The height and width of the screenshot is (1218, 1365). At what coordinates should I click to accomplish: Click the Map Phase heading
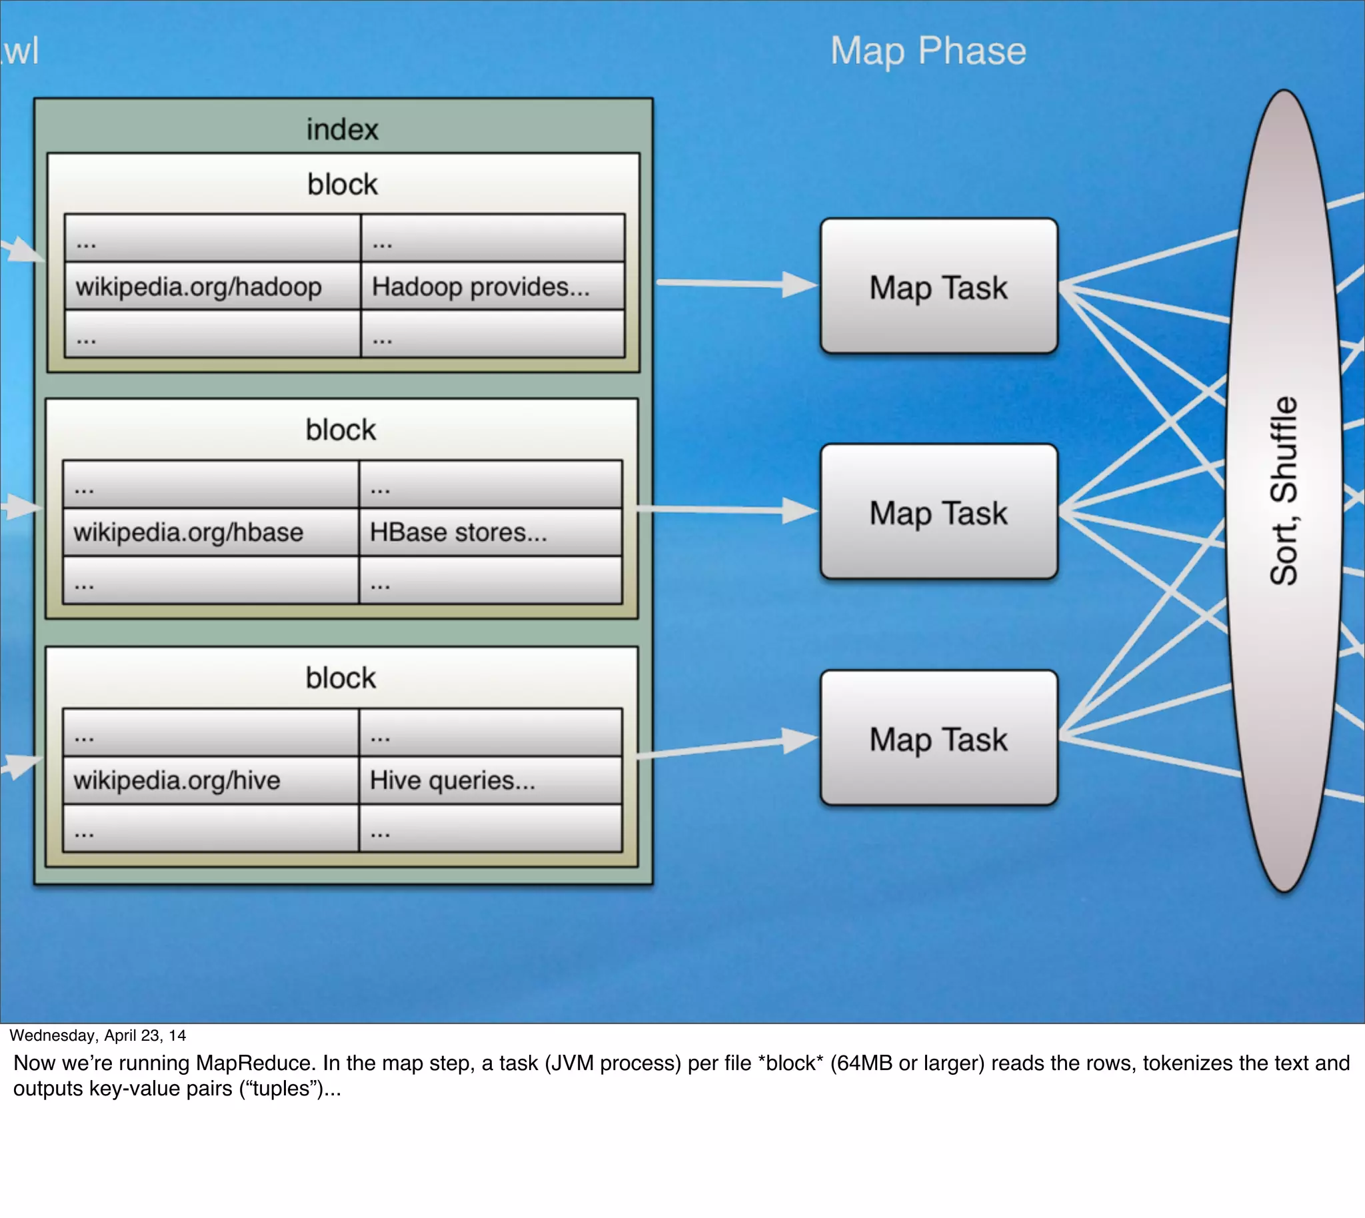coord(927,51)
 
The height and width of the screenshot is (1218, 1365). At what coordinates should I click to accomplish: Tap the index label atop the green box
coord(342,129)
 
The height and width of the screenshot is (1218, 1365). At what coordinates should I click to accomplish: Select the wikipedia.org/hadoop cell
coord(199,287)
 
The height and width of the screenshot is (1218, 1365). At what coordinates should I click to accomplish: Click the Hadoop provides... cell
coord(481,287)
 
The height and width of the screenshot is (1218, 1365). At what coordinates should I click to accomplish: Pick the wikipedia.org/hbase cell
coord(188,532)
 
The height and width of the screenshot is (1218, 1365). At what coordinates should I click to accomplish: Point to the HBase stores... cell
coord(459,532)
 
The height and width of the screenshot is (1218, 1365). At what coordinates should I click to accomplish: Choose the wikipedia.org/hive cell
coord(177,780)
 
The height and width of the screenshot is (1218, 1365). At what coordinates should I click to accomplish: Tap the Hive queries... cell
coord(453,780)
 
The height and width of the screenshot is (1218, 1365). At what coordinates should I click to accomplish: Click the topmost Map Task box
coord(938,287)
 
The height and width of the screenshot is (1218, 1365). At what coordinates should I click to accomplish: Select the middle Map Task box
coord(938,512)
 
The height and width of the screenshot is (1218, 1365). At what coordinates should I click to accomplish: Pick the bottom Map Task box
coord(938,738)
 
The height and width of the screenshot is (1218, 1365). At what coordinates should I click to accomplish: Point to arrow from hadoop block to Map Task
coord(736,284)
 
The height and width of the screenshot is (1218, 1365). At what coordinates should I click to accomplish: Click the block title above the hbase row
coord(341,430)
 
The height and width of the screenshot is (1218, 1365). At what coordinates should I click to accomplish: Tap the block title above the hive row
coord(341,678)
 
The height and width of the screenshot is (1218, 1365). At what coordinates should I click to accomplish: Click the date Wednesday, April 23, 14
coord(98,1035)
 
